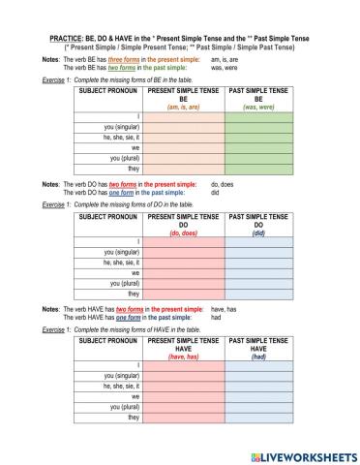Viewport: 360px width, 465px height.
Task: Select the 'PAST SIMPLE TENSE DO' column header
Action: point(258,221)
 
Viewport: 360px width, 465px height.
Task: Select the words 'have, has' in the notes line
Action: point(225,307)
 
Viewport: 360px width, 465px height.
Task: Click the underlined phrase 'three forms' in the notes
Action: point(119,59)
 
